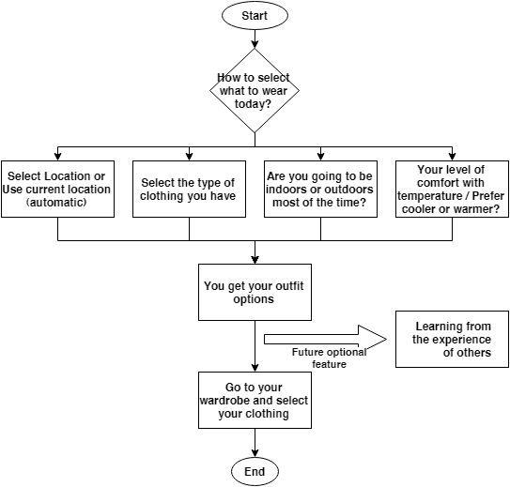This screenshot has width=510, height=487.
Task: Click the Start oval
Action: [x=255, y=15]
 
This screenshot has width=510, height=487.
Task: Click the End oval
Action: [x=255, y=471]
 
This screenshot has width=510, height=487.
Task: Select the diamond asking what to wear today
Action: [x=255, y=91]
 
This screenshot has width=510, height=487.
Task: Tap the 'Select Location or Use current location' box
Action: [x=57, y=190]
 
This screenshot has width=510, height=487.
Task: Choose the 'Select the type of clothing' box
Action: [x=189, y=190]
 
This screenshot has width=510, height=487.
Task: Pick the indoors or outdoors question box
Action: [x=320, y=190]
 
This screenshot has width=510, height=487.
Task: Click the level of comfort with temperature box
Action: [x=452, y=190]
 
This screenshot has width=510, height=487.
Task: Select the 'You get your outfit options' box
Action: [x=255, y=292]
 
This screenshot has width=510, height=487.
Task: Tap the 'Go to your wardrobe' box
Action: [x=255, y=400]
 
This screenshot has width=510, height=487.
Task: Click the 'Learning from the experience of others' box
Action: [x=452, y=339]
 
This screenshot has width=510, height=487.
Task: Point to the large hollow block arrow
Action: [x=325, y=339]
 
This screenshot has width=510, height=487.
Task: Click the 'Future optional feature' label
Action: [x=329, y=358]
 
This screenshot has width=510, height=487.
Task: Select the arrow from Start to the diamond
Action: [x=255, y=39]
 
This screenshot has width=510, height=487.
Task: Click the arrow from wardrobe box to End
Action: [x=255, y=443]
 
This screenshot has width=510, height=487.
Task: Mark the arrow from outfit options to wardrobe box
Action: [x=255, y=346]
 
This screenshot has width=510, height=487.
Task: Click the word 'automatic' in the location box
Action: [x=56, y=203]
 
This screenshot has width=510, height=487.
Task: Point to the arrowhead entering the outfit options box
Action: [x=255, y=260]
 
